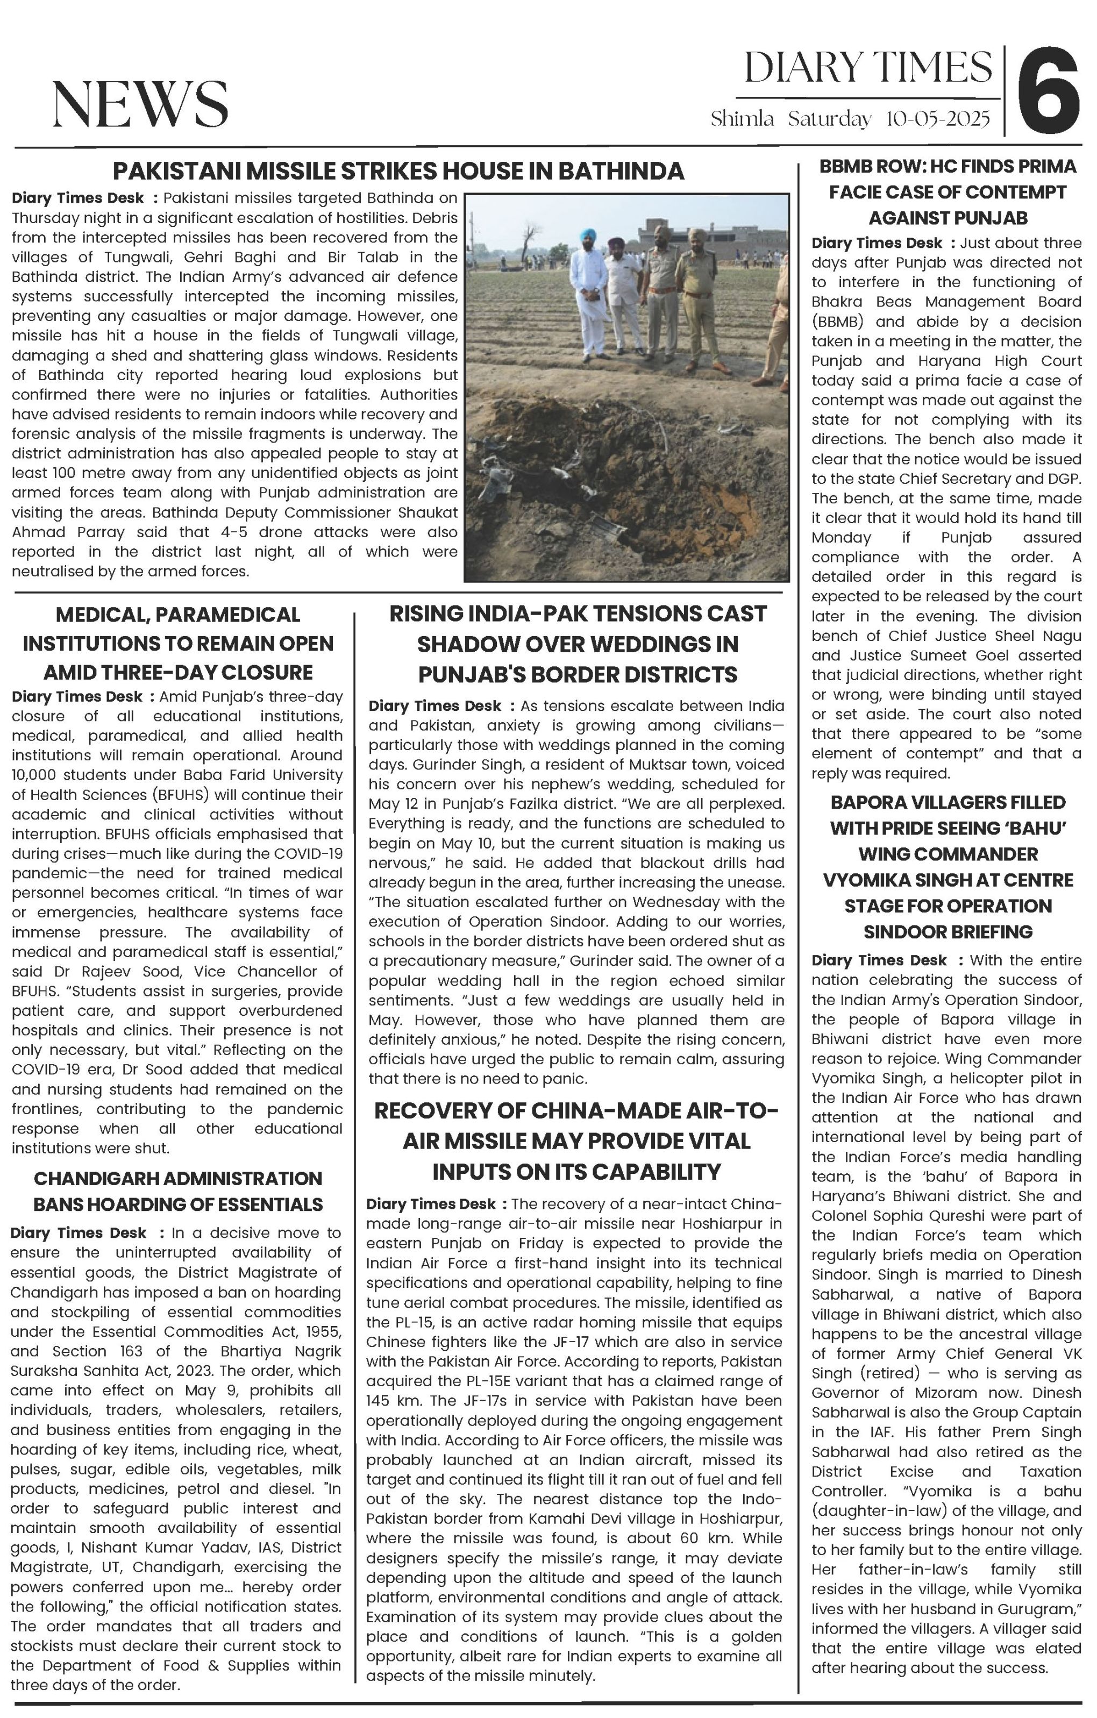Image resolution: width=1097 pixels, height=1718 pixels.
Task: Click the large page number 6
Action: [1047, 90]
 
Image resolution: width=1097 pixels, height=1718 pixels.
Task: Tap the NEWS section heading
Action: [140, 104]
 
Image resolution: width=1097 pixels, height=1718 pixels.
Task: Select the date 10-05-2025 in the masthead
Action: [937, 119]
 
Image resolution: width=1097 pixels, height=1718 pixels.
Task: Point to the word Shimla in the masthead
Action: [742, 119]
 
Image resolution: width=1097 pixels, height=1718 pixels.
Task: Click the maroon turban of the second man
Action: [616, 243]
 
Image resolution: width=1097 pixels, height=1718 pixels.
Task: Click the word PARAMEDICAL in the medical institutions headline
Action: [230, 615]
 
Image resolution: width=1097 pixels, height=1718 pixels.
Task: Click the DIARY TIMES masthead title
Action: [867, 68]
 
